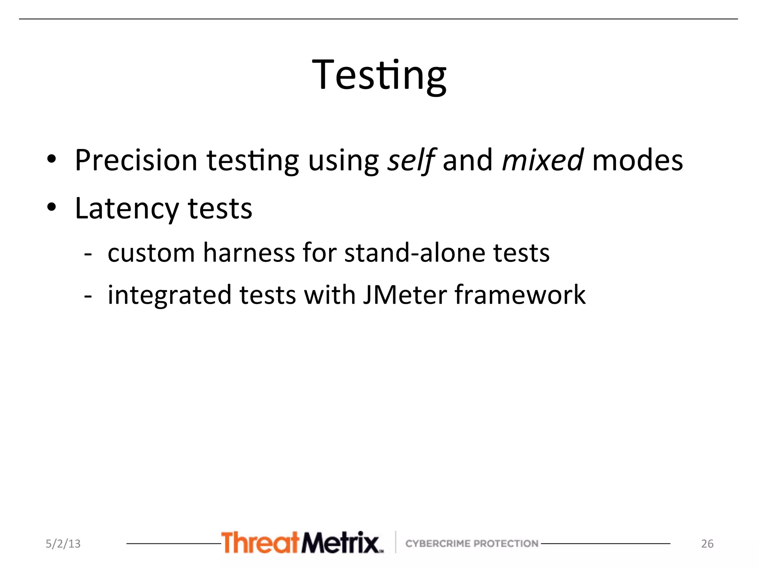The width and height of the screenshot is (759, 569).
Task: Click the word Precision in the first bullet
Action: coord(136,160)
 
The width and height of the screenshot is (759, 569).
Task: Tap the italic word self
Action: coord(411,160)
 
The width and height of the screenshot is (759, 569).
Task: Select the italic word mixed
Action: coord(543,160)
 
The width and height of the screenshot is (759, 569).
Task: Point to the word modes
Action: coord(637,160)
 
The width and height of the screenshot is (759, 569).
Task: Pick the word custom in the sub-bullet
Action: coord(151,253)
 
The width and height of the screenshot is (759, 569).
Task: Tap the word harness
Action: coord(249,253)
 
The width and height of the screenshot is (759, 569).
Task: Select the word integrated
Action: coord(169,295)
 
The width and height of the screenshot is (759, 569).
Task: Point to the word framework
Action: coord(520,295)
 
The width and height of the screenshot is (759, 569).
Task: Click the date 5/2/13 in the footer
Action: coord(63,543)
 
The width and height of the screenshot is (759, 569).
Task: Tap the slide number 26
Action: coord(707,543)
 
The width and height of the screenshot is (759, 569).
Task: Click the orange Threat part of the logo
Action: coord(260,543)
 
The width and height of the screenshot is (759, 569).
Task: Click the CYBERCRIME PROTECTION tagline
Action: coord(472,543)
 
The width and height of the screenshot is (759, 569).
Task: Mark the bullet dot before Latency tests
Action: coord(52,207)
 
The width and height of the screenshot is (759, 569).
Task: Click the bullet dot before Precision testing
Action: coord(52,159)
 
